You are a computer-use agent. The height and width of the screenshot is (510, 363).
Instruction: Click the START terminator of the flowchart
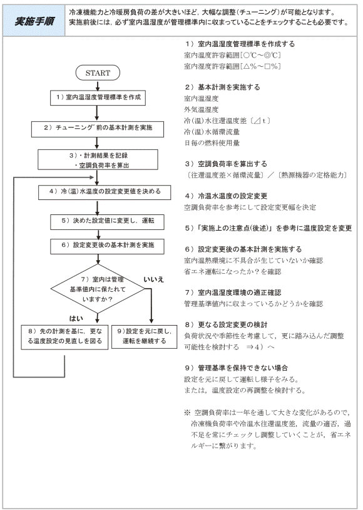[98, 73]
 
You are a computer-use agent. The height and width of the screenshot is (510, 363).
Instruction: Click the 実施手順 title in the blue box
[34, 21]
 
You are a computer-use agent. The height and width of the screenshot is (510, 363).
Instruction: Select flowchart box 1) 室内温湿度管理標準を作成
[98, 97]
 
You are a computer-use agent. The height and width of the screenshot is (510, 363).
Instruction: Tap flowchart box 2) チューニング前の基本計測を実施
[98, 129]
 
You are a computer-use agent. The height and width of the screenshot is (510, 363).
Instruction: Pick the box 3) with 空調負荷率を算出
[98, 160]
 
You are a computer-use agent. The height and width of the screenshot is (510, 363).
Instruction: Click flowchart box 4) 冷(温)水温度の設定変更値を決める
[105, 192]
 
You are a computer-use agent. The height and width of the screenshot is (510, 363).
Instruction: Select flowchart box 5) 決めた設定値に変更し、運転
[107, 222]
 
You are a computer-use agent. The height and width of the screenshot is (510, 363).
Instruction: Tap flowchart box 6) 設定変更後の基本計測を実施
[107, 246]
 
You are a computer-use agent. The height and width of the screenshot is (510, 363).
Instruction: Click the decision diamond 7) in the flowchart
[98, 289]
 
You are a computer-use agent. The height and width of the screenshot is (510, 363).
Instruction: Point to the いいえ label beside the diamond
[154, 279]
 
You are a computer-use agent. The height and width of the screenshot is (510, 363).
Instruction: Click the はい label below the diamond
[76, 318]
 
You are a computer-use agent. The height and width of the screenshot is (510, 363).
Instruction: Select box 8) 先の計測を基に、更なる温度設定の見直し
[64, 337]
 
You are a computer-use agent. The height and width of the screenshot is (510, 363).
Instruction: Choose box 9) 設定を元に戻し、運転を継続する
[144, 337]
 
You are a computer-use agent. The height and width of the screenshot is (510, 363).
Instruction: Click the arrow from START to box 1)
[98, 86]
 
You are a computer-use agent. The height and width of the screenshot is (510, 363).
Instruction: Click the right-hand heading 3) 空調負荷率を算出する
[226, 164]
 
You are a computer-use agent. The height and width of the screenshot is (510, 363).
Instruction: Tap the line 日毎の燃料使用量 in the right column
[212, 142]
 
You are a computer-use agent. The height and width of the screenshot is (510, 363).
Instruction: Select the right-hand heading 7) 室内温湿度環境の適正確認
[233, 292]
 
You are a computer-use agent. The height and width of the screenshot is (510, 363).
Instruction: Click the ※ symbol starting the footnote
[187, 412]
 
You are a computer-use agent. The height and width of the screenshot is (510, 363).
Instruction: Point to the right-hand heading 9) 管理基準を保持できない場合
[237, 368]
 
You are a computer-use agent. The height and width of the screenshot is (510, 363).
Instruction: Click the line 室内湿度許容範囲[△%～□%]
[232, 66]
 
